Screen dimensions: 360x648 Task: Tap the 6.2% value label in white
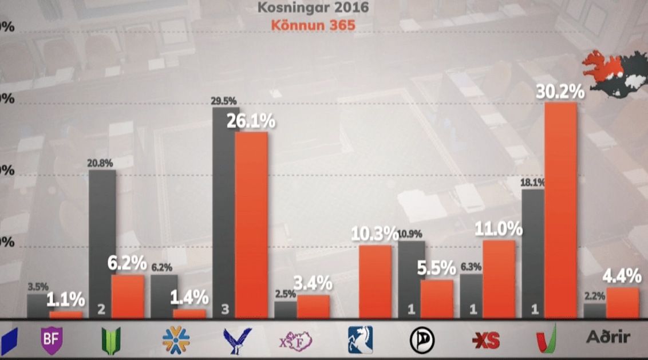click(x=127, y=263)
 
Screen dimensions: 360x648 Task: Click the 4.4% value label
click(x=622, y=276)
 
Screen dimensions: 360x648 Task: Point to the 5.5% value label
click(x=436, y=268)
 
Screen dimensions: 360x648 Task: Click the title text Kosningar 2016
click(x=313, y=9)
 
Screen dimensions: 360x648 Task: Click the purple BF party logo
click(x=51, y=340)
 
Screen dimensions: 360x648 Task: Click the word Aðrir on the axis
click(x=608, y=337)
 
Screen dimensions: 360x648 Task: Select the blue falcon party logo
click(x=237, y=339)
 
